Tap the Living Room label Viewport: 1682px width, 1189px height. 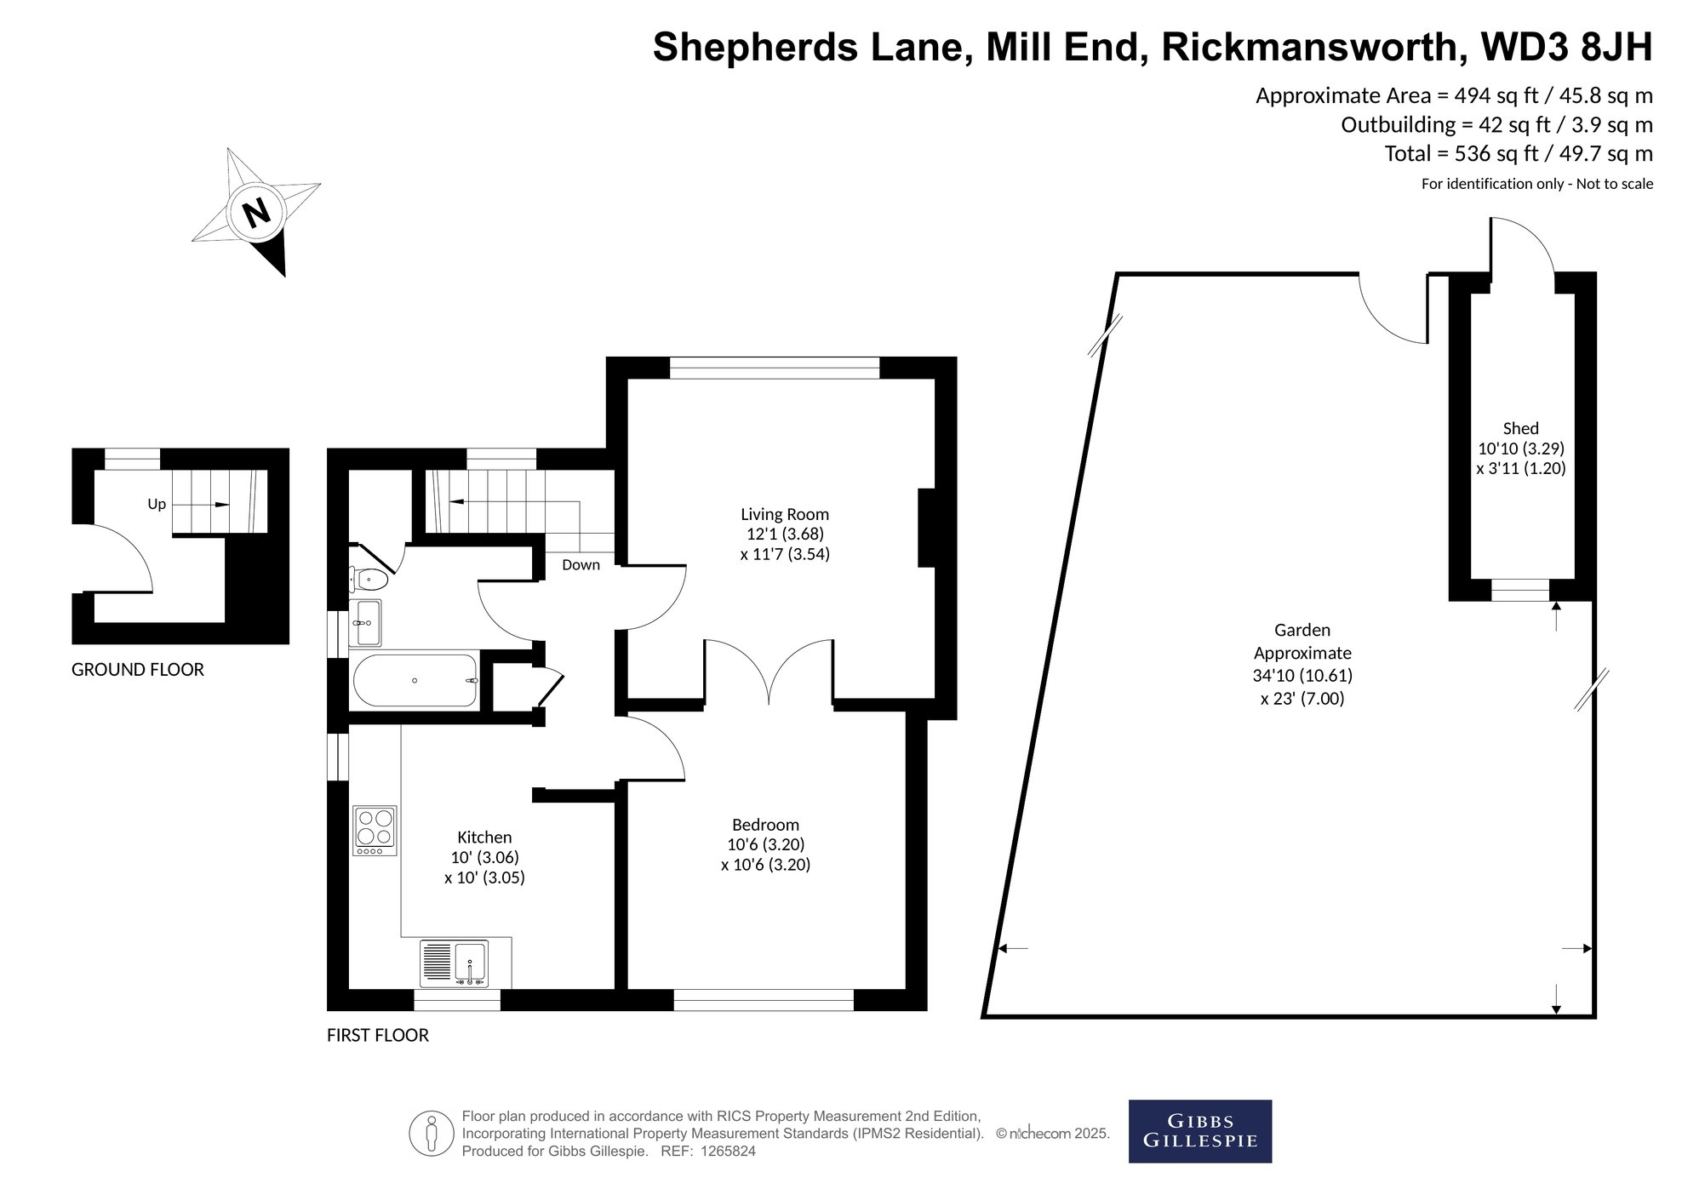(784, 514)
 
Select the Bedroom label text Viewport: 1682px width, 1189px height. (765, 824)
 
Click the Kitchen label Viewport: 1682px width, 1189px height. (484, 837)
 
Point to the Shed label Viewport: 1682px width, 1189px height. (1520, 428)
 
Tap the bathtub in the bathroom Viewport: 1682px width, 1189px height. (415, 680)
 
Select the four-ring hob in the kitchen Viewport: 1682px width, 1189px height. (375, 831)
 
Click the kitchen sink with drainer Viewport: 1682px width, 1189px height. (454, 963)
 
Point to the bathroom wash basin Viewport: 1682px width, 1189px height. (365, 622)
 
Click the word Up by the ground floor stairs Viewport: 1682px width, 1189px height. (157, 504)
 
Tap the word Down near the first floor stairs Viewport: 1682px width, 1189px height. (581, 564)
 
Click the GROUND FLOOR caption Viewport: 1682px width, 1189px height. (138, 670)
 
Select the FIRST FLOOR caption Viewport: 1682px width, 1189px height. (378, 1035)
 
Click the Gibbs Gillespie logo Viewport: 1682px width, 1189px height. (1199, 1131)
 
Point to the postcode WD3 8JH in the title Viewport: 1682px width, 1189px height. (1567, 47)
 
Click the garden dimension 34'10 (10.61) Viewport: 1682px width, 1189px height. (1302, 676)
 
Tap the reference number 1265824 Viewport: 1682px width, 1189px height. (725, 1152)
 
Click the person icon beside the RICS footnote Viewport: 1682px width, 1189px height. (431, 1134)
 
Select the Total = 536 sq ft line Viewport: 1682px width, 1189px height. (1519, 154)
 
